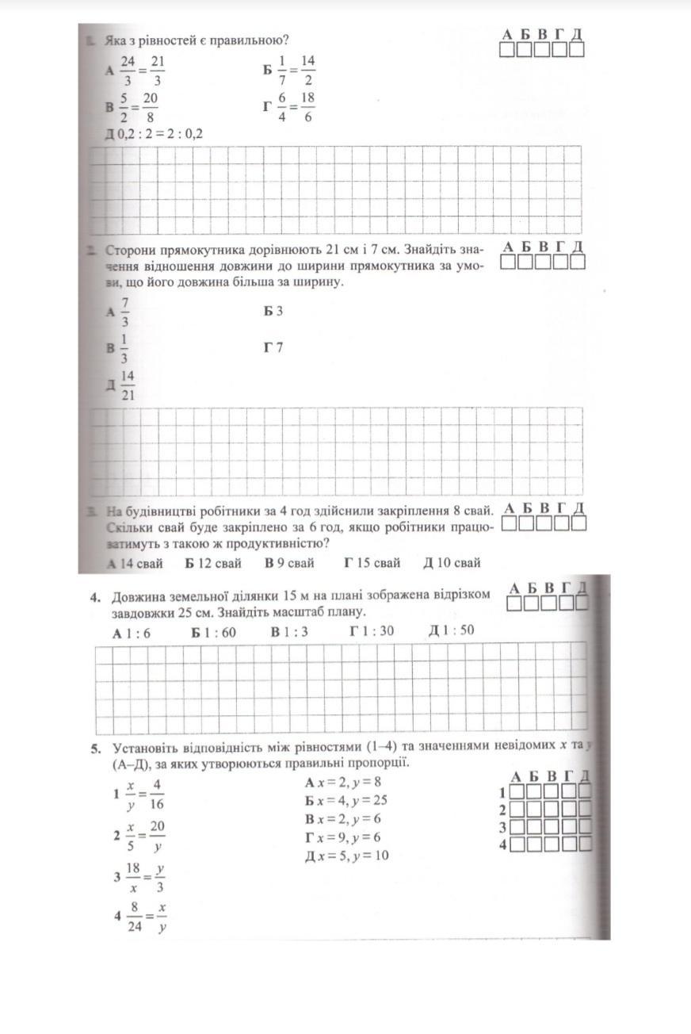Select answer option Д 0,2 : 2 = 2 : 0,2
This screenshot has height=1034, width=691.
155,132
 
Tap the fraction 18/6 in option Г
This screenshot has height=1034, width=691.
308,106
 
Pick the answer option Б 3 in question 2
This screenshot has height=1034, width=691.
273,312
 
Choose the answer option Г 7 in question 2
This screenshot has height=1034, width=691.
273,347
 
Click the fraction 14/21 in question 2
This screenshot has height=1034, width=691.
128,386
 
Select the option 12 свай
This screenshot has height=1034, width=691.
214,563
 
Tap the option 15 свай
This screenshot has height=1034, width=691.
372,563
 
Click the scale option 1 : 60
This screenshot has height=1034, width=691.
214,632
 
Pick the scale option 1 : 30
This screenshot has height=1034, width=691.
372,631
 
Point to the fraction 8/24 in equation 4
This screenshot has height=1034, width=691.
134,917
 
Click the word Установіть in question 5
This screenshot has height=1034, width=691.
147,747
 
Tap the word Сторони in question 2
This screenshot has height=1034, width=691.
129,250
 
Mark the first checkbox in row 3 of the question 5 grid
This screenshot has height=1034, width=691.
517,827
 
